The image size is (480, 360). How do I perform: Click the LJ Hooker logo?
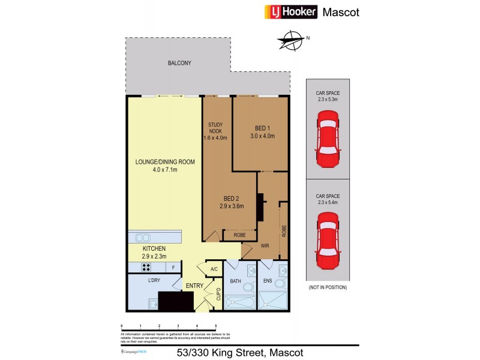coord(290,12)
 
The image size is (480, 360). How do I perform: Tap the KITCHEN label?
coord(154,248)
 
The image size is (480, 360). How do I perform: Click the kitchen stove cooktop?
coord(146,268)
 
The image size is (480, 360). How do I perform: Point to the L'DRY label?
coord(154,280)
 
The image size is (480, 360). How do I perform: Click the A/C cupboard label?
coord(214,269)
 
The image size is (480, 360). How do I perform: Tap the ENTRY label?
coord(194,286)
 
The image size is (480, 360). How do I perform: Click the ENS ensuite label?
coord(268,280)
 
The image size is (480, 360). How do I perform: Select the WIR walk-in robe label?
coord(264,245)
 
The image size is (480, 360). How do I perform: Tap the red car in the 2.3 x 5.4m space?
coord(327,242)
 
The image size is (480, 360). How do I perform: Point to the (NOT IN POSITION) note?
coord(327,287)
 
